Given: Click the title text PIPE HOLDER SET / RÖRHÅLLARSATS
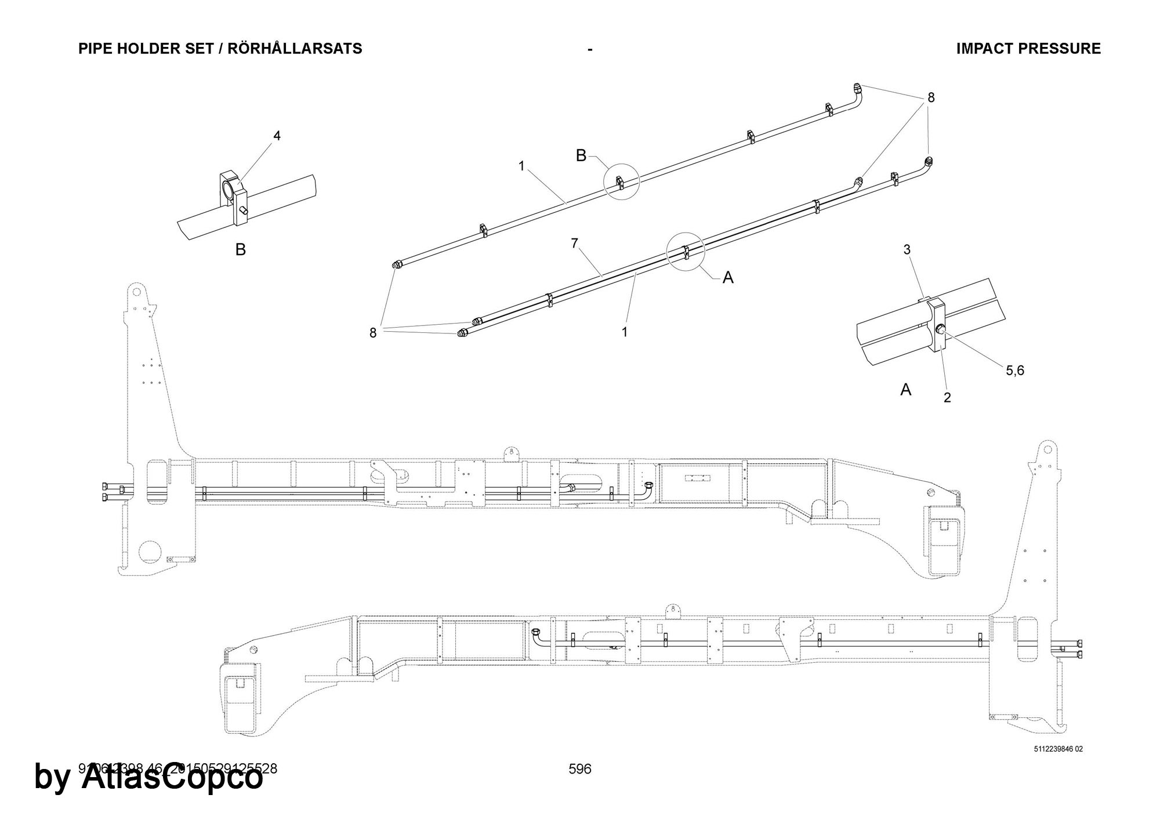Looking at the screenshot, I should [220, 49].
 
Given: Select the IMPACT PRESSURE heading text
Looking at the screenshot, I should [1028, 49].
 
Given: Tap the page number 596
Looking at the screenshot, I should [580, 769].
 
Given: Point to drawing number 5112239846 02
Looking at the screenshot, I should [1058, 749].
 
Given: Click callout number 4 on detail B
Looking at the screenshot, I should [277, 136].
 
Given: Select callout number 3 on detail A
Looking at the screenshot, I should [907, 249].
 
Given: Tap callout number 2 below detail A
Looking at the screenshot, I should [947, 398].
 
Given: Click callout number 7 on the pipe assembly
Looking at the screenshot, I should [574, 244].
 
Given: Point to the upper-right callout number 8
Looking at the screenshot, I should [931, 98].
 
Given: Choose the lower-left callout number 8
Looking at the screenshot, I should [373, 333].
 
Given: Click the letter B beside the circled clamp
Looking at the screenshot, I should [581, 155].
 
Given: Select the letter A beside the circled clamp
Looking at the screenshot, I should [728, 278].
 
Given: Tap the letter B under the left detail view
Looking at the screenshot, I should [240, 250].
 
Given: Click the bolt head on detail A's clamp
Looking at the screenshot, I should [940, 331].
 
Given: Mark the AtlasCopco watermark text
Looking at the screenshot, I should [148, 777].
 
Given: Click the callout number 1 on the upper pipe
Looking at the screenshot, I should [521, 166].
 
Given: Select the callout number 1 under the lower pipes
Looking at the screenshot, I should [625, 332].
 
